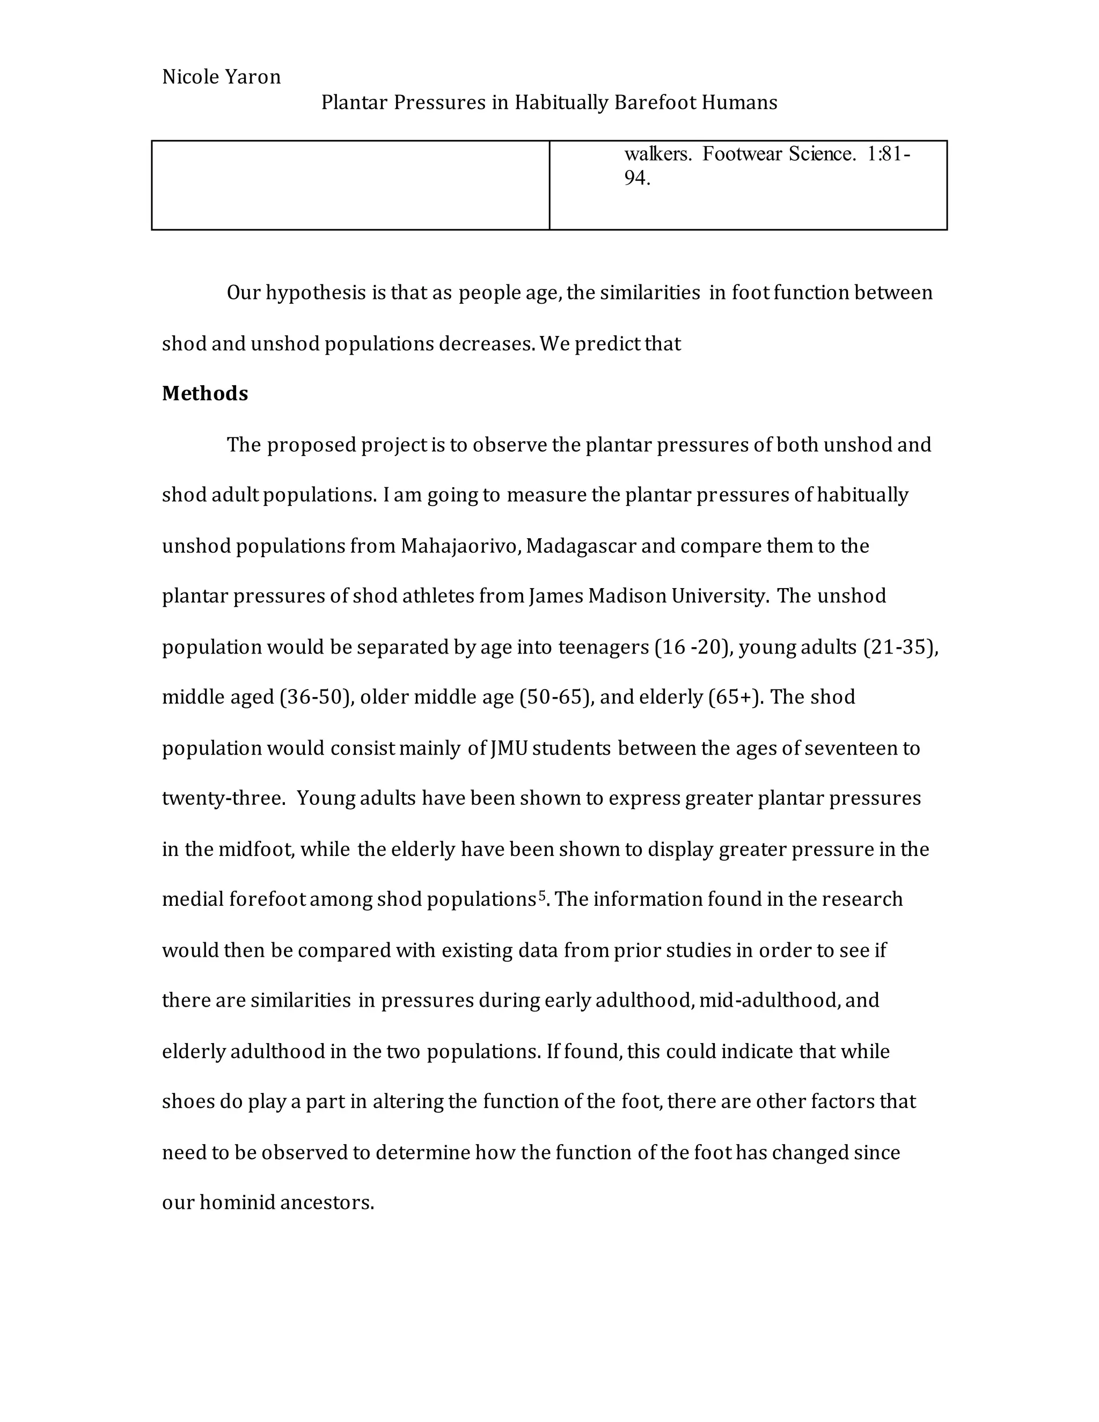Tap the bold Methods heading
204,393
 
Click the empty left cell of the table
350,185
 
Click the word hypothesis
316,293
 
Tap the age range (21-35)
899,647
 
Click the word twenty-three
223,798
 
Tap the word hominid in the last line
238,1203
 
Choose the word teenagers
604,647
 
